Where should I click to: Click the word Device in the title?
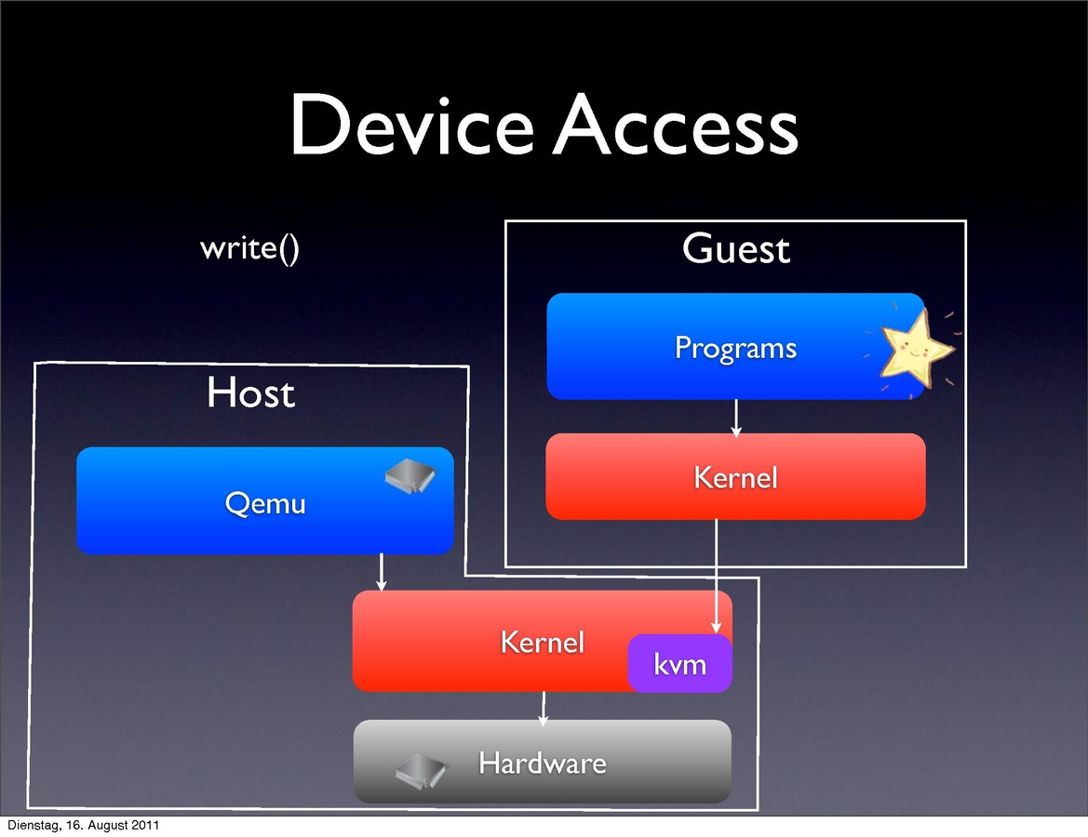pos(410,126)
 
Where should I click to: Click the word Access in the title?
pos(676,126)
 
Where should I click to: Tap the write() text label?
pos(249,248)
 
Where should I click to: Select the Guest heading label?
pos(735,249)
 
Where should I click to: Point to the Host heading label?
pos(250,392)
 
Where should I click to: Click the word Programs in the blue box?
pos(735,348)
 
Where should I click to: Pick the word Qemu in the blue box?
pos(265,503)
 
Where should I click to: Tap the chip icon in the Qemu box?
pos(410,475)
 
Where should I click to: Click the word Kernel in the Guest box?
pos(735,477)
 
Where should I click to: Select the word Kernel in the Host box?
pos(542,642)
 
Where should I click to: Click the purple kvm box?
pos(679,664)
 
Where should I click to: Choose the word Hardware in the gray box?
pos(542,764)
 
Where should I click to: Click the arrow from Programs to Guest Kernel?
pos(736,418)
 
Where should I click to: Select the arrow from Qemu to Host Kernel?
pos(381,572)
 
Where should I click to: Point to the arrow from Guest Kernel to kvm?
pos(716,577)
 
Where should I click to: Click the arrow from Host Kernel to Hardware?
pos(544,707)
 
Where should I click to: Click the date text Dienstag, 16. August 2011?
pos(82,826)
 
